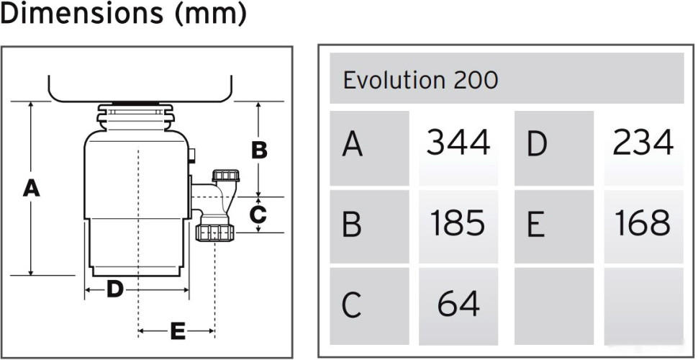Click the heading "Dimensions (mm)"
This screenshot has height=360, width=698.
coord(123,14)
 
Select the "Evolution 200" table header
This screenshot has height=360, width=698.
coord(420,79)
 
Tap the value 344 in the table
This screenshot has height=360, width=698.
coord(458,143)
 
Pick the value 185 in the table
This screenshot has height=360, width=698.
coord(458,223)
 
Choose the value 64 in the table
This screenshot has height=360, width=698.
coord(458,304)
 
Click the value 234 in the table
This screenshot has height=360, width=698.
coord(643,143)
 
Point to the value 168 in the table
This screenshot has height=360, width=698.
coord(643,223)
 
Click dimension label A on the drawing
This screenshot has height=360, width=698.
coord(31,189)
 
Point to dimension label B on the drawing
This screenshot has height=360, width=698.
coord(259,150)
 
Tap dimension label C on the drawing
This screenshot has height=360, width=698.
coord(259,214)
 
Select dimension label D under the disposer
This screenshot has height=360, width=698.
coord(115,290)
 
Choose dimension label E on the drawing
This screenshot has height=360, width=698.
coord(177,331)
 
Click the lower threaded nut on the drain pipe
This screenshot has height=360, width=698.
coord(214,233)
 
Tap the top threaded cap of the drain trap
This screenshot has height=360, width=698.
coord(225,175)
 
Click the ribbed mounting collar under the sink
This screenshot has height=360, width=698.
coord(137,117)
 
